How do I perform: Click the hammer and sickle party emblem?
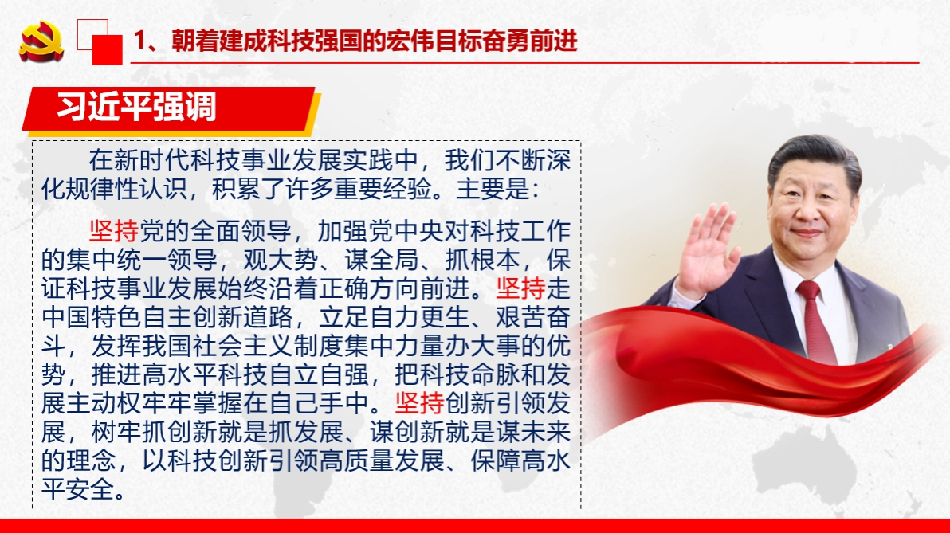pos(41,40)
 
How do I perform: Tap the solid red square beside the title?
pos(108,49)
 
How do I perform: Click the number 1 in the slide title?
pos(141,41)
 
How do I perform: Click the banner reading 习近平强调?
pos(136,108)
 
